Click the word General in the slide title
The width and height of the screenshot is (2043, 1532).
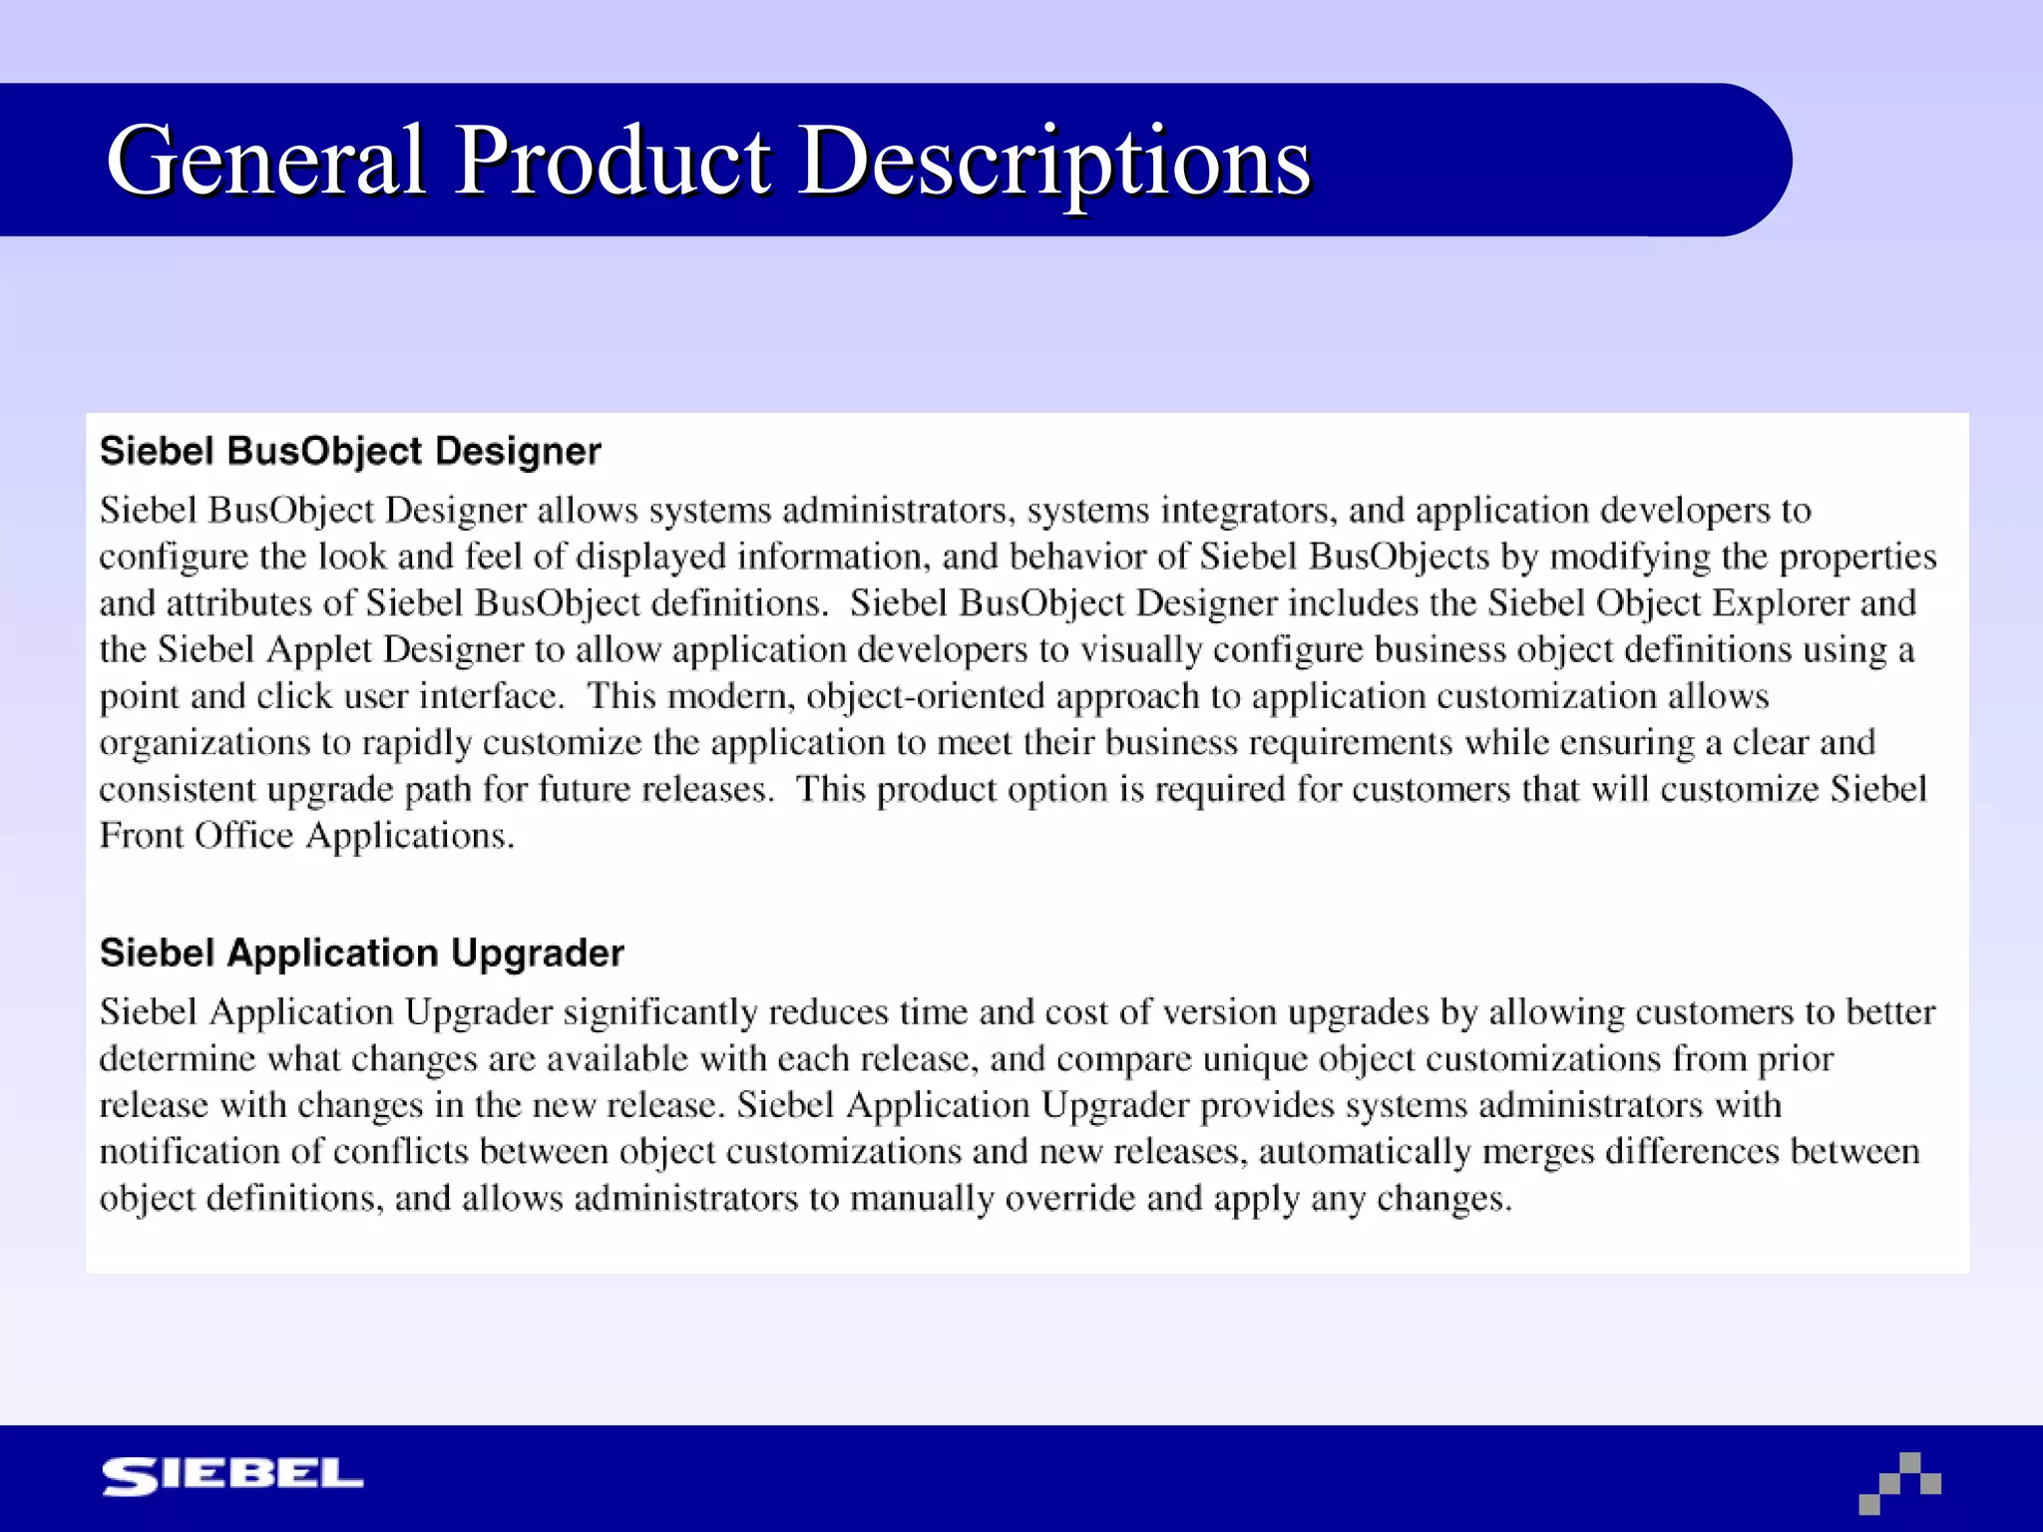(x=267, y=161)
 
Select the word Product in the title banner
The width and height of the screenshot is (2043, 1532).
(x=612, y=161)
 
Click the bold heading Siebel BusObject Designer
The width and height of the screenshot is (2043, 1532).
(x=350, y=451)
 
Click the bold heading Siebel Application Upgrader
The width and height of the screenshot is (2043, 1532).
(x=361, y=953)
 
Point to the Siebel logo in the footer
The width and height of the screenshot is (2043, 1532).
(x=232, y=1476)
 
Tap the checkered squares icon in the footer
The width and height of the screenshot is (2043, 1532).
(x=1899, y=1482)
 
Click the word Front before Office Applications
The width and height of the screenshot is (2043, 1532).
(x=141, y=836)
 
